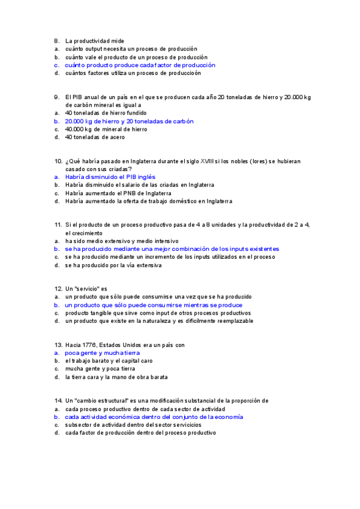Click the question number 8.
(56, 41)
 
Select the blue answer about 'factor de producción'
(140, 65)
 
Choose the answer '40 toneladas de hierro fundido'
(106, 113)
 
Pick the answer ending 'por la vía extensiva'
(113, 265)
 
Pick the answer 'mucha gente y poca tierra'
(100, 369)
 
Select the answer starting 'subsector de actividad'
(129, 424)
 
